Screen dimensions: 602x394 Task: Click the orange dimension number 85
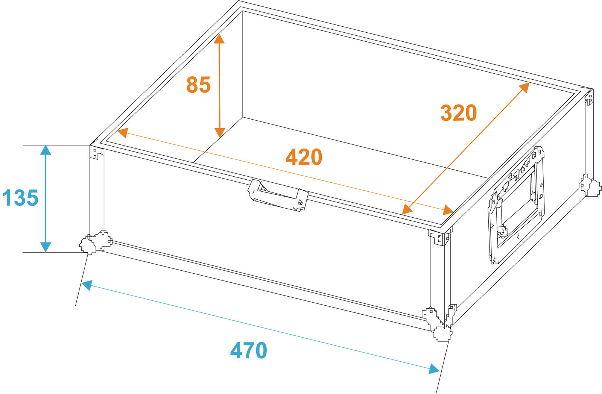[198, 85]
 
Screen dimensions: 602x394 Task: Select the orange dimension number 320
[459, 113]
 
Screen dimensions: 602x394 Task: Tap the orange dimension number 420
[304, 157]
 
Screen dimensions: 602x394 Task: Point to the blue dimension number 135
[20, 198]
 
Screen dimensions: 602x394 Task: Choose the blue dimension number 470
[249, 350]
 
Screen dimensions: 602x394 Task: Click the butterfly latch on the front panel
[278, 195]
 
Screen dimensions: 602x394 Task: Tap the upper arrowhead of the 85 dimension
[219, 39]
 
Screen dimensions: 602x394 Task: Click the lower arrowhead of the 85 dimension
[220, 133]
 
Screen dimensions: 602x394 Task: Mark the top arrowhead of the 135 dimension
[46, 150]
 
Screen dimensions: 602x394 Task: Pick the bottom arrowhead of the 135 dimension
[46, 247]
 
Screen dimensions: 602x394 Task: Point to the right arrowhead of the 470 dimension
[434, 369]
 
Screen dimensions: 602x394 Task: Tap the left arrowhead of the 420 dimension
[123, 133]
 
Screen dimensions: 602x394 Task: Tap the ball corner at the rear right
[591, 186]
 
